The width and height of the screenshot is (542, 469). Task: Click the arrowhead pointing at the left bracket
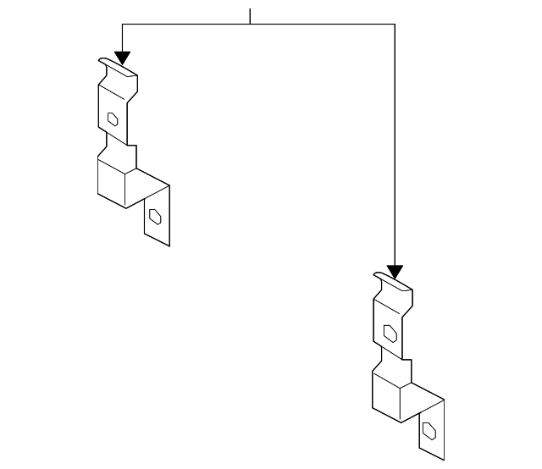[123, 58]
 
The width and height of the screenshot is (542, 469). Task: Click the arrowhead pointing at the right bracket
[395, 272]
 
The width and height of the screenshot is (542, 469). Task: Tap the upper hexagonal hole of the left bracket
[112, 119]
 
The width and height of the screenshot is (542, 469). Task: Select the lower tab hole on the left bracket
[155, 217]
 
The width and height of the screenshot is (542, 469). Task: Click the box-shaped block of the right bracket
[393, 395]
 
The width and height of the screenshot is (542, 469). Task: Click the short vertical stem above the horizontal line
[251, 16]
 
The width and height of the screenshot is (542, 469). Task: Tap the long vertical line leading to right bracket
[395, 144]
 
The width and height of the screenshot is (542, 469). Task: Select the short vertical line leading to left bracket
[123, 37]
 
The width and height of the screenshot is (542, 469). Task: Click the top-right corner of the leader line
[395, 25]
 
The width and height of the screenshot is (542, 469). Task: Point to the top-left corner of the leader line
[123, 25]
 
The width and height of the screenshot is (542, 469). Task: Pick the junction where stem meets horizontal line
[251, 25]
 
